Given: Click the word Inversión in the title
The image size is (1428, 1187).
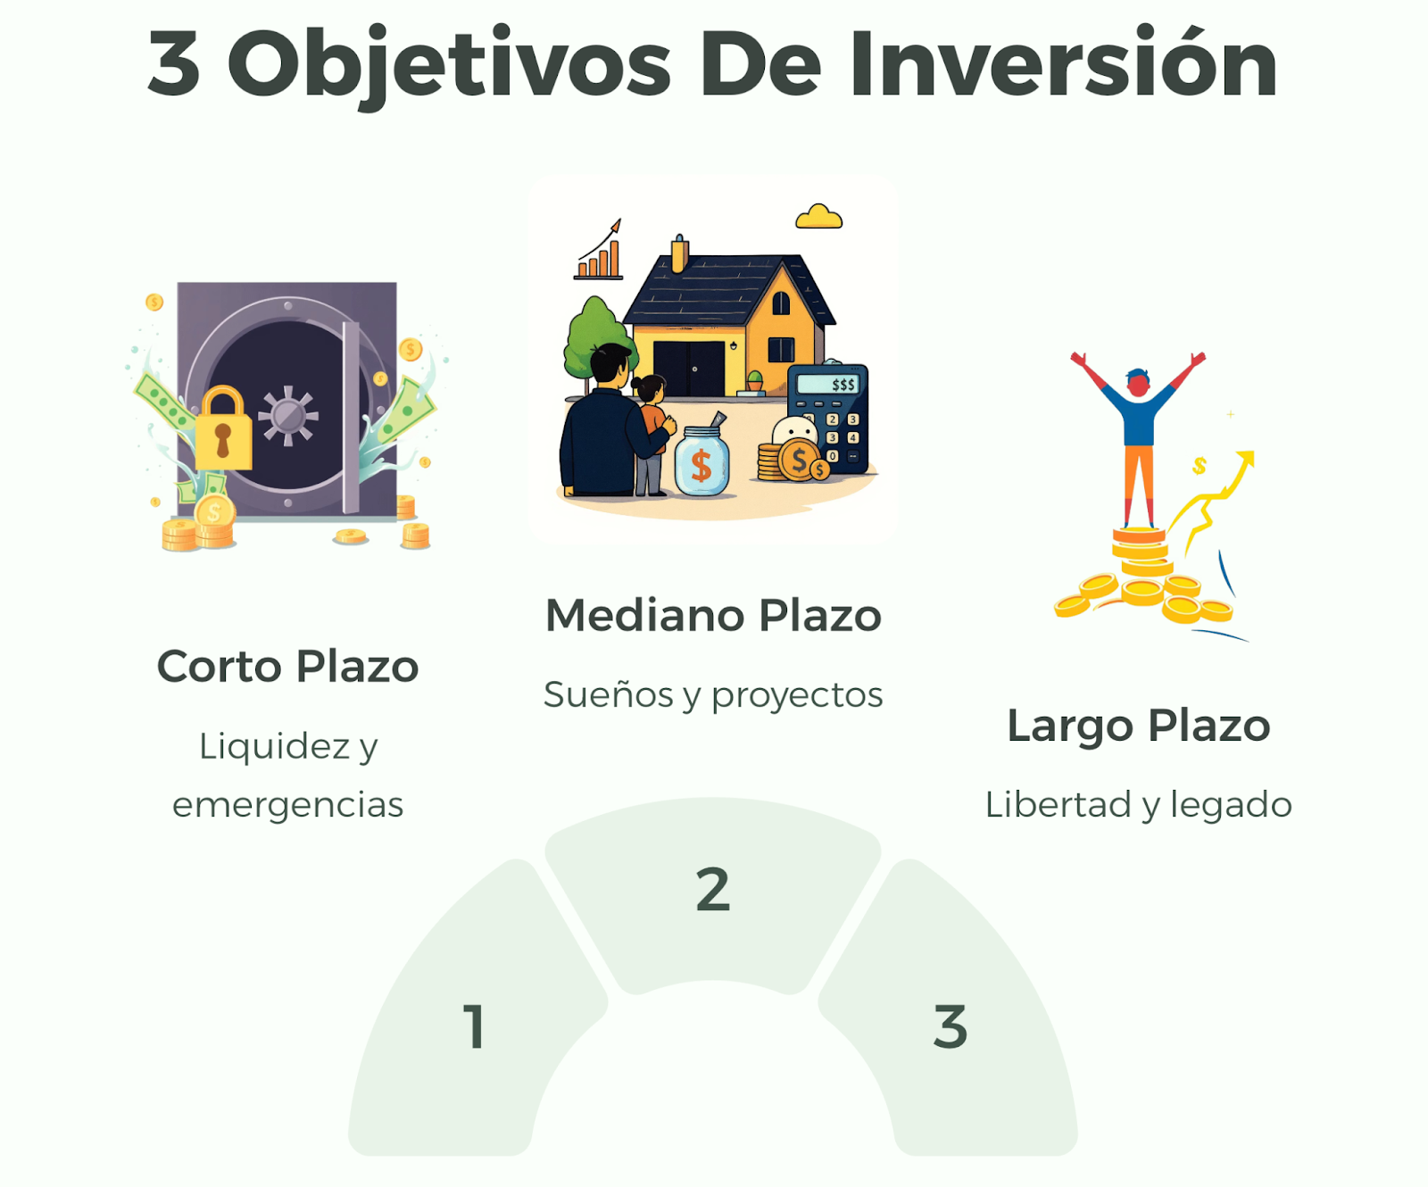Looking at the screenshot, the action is point(1063,62).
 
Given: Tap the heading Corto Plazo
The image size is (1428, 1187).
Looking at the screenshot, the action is point(287,667).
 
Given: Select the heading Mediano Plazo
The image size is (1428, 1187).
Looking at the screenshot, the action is point(713,616).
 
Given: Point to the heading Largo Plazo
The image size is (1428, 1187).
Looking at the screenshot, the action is point(1139,726).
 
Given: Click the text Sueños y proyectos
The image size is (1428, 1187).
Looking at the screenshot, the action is point(713,695).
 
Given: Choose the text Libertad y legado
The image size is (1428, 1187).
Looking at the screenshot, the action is point(1139,805).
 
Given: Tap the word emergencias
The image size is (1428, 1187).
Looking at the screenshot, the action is point(287,805).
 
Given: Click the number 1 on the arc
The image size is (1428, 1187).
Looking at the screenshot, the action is point(475,1026).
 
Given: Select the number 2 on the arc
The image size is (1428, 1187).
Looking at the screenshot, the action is point(713,890).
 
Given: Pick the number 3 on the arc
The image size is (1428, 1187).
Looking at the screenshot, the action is point(951,1026).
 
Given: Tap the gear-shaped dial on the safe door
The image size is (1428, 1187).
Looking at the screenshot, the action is point(287,415).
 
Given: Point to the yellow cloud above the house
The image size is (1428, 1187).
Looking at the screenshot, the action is point(818,217).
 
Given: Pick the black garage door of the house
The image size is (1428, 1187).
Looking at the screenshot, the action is point(689,368).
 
